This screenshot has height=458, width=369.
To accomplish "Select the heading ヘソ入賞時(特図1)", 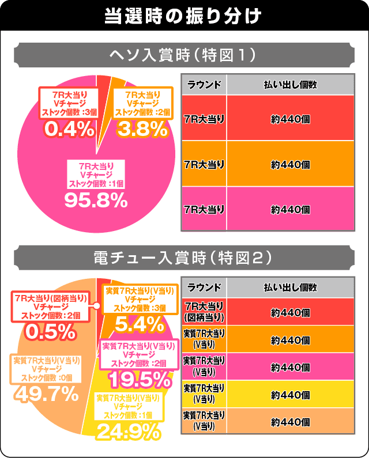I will pyautogui.click(x=184, y=55).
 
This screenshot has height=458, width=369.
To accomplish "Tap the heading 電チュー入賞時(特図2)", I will pyautogui.click(x=184, y=259).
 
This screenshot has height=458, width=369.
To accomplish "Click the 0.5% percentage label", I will pyautogui.click(x=51, y=331).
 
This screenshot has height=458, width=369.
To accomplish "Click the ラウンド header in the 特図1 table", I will pyautogui.click(x=204, y=84).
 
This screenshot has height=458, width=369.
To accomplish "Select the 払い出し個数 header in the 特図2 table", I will pyautogui.click(x=289, y=287).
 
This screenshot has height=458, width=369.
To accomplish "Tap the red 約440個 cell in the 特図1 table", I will pyautogui.click(x=289, y=118).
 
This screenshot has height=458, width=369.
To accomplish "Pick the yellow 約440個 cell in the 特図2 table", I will pyautogui.click(x=289, y=395).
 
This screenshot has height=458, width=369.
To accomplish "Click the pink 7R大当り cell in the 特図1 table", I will pyautogui.click(x=204, y=210).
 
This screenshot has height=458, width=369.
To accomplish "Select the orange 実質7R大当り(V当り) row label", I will pyautogui.click(x=204, y=339).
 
